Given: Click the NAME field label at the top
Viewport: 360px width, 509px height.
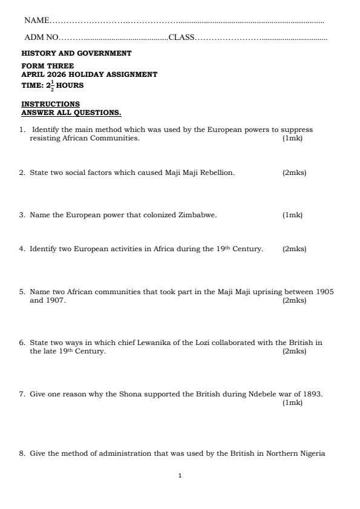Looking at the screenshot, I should [36, 21].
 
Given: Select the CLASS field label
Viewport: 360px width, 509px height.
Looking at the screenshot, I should [182, 38].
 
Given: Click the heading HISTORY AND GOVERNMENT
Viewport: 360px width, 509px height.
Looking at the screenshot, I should [76, 53].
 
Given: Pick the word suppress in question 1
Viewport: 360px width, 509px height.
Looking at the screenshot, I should [297, 130].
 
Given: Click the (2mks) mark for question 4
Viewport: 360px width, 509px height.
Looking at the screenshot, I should [294, 249].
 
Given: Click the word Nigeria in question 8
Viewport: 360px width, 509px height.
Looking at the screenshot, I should [312, 453].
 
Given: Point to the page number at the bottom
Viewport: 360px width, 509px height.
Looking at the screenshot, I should [180, 476].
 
